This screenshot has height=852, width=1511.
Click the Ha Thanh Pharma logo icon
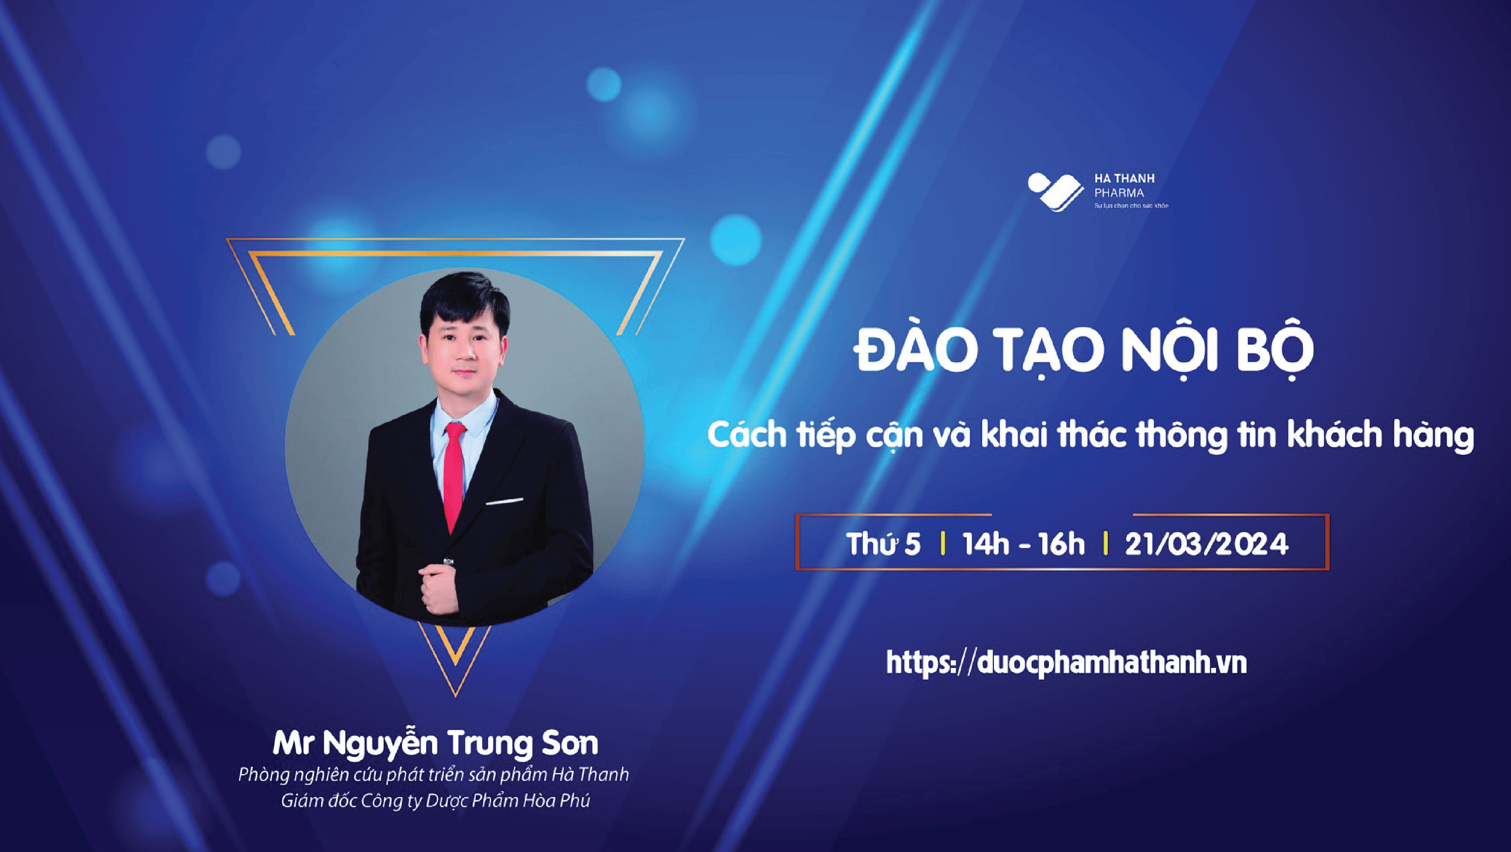tap(1055, 191)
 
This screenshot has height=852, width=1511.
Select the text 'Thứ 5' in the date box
tap(884, 543)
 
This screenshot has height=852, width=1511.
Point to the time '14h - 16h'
tap(1023, 543)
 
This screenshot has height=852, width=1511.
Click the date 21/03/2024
tap(1206, 544)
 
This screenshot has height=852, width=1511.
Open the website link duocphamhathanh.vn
tap(1066, 663)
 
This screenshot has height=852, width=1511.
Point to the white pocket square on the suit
tap(505, 502)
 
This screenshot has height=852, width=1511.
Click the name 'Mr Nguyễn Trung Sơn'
tap(436, 743)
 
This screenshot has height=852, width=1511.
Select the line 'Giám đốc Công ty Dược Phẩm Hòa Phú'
tap(436, 801)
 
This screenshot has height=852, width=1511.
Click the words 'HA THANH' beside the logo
tap(1124, 178)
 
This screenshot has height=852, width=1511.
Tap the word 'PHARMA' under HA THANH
tap(1119, 193)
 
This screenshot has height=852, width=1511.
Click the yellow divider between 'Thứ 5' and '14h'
tap(943, 543)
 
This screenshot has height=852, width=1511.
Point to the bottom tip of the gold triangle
tap(456, 696)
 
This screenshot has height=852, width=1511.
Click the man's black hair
tap(464, 298)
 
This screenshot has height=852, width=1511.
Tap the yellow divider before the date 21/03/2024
tap(1105, 543)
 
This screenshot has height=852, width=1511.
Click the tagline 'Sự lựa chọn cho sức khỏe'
tap(1131, 206)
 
